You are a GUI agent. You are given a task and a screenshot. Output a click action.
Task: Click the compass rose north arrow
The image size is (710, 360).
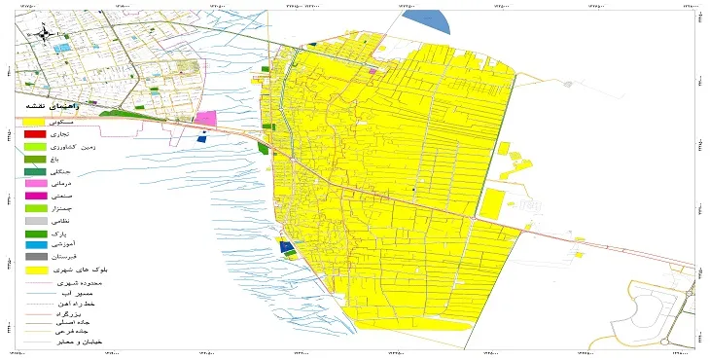[x=43, y=35]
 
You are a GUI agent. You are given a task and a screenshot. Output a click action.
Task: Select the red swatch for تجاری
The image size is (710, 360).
[x=35, y=133]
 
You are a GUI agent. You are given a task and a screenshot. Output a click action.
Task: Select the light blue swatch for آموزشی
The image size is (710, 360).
[x=35, y=245]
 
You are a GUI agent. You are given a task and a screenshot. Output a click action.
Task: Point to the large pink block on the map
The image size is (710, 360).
[x=205, y=119]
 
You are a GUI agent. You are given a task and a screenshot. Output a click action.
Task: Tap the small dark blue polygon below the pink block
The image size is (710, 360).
[x=202, y=138]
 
